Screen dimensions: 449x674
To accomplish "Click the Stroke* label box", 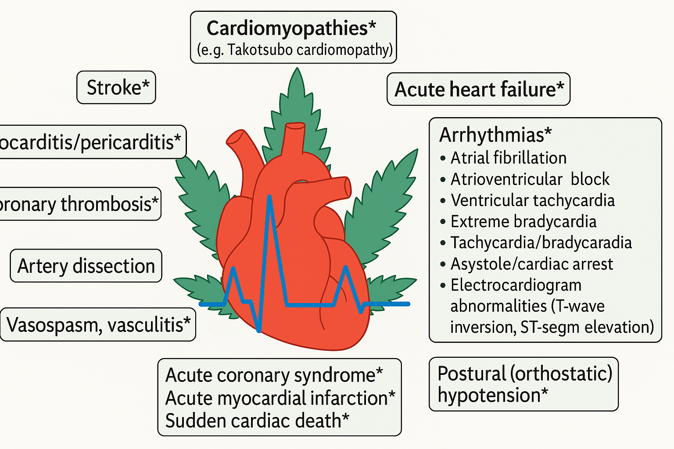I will tap(116, 88).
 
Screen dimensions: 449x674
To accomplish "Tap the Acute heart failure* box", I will tap(478, 89).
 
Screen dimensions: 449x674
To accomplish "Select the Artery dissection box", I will tap(86, 266).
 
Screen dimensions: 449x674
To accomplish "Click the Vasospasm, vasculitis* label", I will tap(98, 325).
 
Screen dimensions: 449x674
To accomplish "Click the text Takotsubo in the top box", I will tap(260, 50).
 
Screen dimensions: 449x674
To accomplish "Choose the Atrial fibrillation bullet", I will tap(508, 158).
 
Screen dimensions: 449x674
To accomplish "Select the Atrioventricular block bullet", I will tap(530, 179).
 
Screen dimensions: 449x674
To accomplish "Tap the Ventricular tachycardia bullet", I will tap(532, 200).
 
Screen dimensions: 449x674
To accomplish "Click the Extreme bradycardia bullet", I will tap(523, 221).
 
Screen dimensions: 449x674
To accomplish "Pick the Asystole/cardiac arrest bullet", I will tap(531, 264).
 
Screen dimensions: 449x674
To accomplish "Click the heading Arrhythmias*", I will tap(495, 135).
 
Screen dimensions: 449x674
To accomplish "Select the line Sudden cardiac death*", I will tap(257, 421).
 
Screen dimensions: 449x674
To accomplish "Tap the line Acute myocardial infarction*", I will tap(280, 398).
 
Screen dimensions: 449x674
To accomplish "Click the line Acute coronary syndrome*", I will tap(274, 375).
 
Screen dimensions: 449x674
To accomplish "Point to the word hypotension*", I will tap(492, 396).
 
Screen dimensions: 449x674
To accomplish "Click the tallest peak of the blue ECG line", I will tap(269, 198).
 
